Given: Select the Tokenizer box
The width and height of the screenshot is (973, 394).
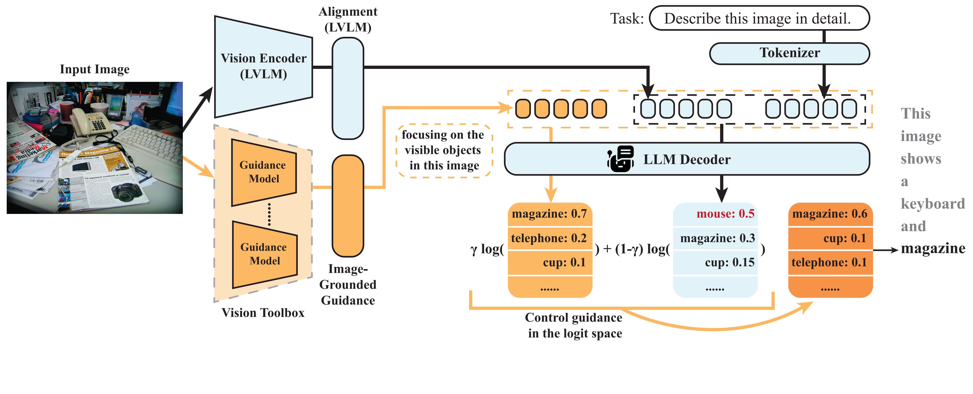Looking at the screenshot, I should click(789, 53).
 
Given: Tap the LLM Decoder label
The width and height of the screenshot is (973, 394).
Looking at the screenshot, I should click(687, 159).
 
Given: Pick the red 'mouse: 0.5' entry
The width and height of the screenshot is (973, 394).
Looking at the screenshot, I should click(725, 214).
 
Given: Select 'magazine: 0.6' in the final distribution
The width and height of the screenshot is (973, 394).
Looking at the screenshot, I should click(830, 214).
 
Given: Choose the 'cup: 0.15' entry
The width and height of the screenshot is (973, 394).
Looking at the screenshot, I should click(729, 262).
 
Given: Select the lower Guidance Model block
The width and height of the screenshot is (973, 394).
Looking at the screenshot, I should click(264, 254).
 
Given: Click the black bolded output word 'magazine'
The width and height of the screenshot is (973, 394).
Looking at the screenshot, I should click(933, 248).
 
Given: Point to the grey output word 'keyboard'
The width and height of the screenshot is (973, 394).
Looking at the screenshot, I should click(932, 204).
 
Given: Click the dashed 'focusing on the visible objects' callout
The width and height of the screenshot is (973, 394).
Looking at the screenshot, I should click(444, 150).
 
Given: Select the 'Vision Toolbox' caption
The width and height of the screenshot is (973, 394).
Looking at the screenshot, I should click(263, 313).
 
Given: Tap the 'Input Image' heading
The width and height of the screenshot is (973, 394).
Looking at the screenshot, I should click(95, 69).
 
